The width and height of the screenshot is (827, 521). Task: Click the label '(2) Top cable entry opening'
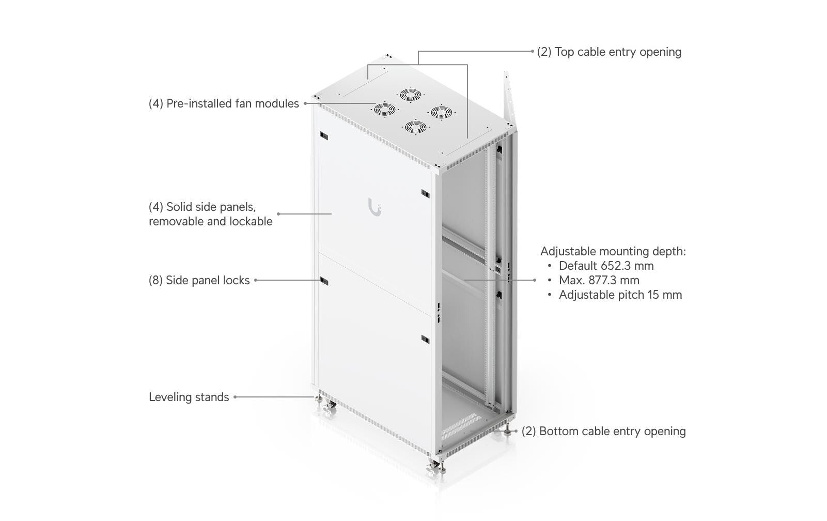pyautogui.click(x=609, y=52)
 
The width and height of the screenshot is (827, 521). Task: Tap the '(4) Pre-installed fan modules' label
pyautogui.click(x=224, y=103)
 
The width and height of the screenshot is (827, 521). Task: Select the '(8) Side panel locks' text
pyautogui.click(x=199, y=281)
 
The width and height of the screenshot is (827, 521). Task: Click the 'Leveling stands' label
pyautogui.click(x=189, y=397)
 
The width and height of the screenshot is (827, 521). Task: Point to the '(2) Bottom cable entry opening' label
pyautogui.click(x=604, y=431)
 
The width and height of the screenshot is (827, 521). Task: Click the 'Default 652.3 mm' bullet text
pyautogui.click(x=606, y=266)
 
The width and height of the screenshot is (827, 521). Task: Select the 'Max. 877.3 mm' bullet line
pyautogui.click(x=599, y=280)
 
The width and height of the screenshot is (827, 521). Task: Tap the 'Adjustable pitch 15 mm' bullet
pyautogui.click(x=620, y=295)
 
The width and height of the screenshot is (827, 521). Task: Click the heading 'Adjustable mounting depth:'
pyautogui.click(x=613, y=251)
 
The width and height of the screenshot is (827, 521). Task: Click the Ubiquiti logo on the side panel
pyautogui.click(x=375, y=208)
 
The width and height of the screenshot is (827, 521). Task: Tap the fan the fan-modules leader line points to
pyautogui.click(x=385, y=110)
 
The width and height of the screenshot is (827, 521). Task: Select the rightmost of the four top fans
pyautogui.click(x=441, y=112)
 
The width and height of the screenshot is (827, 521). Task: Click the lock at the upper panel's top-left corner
pyautogui.click(x=324, y=136)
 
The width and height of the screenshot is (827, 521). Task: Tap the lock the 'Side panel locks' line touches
pyautogui.click(x=324, y=281)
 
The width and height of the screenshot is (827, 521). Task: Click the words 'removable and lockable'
pyautogui.click(x=210, y=222)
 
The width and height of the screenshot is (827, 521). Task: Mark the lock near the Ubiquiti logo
pyautogui.click(x=425, y=193)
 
